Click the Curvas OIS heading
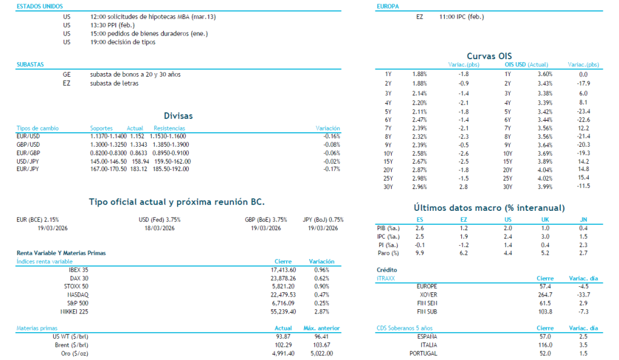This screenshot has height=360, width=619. (489, 56)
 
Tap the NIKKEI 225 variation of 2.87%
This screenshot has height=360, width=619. (322, 311)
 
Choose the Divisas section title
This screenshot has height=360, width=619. (178, 116)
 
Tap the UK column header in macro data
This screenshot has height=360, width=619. (546, 220)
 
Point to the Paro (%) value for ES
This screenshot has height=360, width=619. (420, 253)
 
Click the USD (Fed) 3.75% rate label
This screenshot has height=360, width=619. (160, 220)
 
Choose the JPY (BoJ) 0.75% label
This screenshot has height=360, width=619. (323, 220)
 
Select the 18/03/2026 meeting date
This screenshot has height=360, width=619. (160, 228)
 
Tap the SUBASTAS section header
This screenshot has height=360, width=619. (30, 64)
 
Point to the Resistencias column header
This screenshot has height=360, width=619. (170, 128)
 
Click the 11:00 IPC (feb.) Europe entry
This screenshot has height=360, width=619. (462, 17)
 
